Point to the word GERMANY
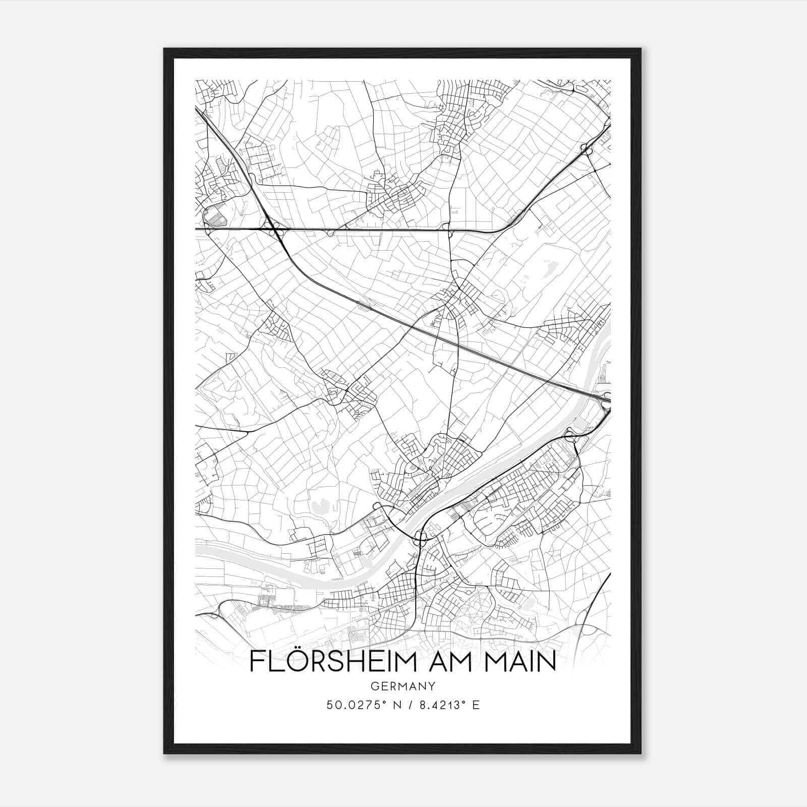pos(402,686)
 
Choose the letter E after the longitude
pos(476,705)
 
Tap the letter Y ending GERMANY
pos(432,686)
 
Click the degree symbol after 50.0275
pos(383,702)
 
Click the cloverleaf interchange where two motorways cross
pos(273,230)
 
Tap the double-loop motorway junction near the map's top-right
pos(587,149)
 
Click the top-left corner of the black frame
pos(164,49)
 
